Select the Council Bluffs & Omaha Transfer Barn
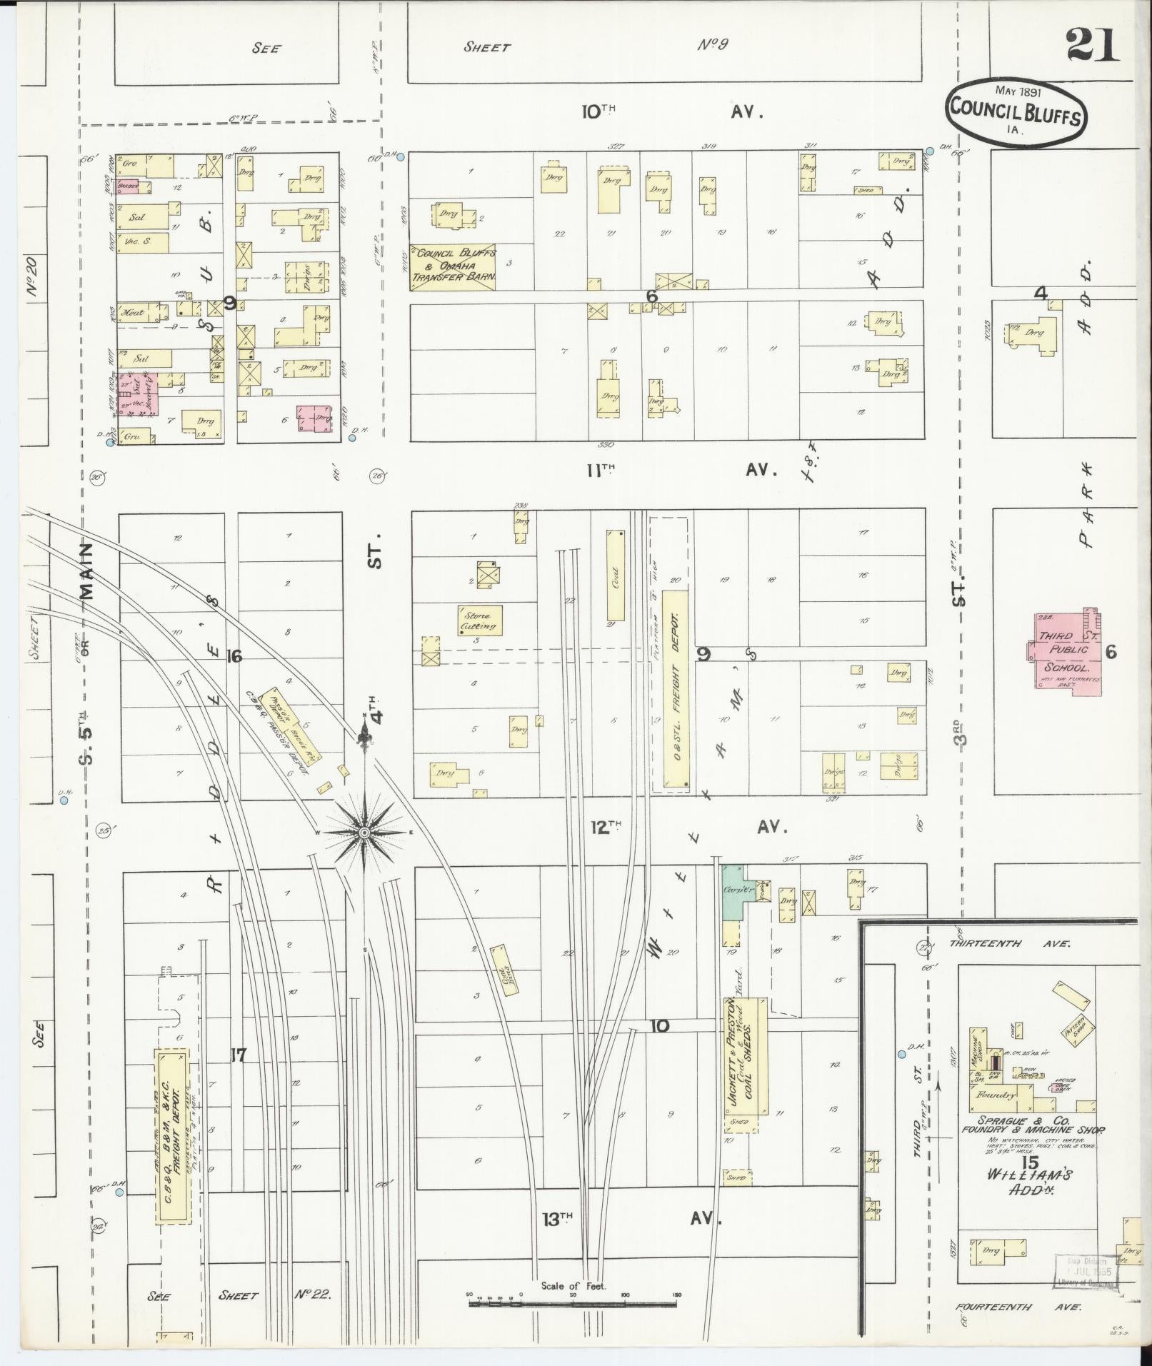[453, 267]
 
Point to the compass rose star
[364, 833]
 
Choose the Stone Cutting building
[480, 621]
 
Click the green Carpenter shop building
[732, 892]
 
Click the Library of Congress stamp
[1083, 1272]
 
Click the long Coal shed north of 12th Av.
[615, 576]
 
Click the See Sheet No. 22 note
[239, 1295]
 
